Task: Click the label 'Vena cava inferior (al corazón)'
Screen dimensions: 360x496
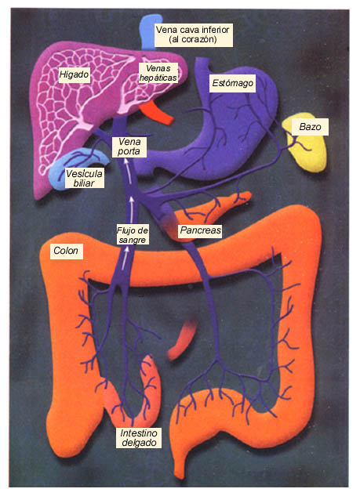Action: (194, 34)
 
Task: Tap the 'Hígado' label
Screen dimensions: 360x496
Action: (74, 74)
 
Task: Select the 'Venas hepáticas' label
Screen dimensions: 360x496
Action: (158, 73)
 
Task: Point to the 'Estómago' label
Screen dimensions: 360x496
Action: (232, 83)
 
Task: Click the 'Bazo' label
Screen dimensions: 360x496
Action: (310, 127)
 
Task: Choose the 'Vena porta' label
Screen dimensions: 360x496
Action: (129, 147)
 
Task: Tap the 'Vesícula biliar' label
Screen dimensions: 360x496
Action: (84, 178)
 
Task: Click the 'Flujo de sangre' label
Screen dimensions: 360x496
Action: (133, 235)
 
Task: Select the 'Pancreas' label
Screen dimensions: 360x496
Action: (200, 230)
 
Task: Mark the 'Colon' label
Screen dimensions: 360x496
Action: (66, 251)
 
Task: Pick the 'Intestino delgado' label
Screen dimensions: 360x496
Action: (139, 437)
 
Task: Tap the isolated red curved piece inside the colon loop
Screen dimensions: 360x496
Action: (182, 341)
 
